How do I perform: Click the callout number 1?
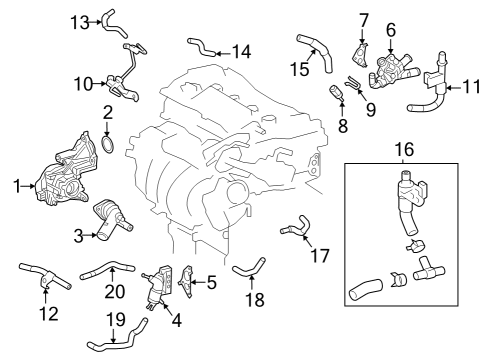(16, 184)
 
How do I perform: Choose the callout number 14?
(242, 49)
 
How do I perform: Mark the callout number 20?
(116, 291)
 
